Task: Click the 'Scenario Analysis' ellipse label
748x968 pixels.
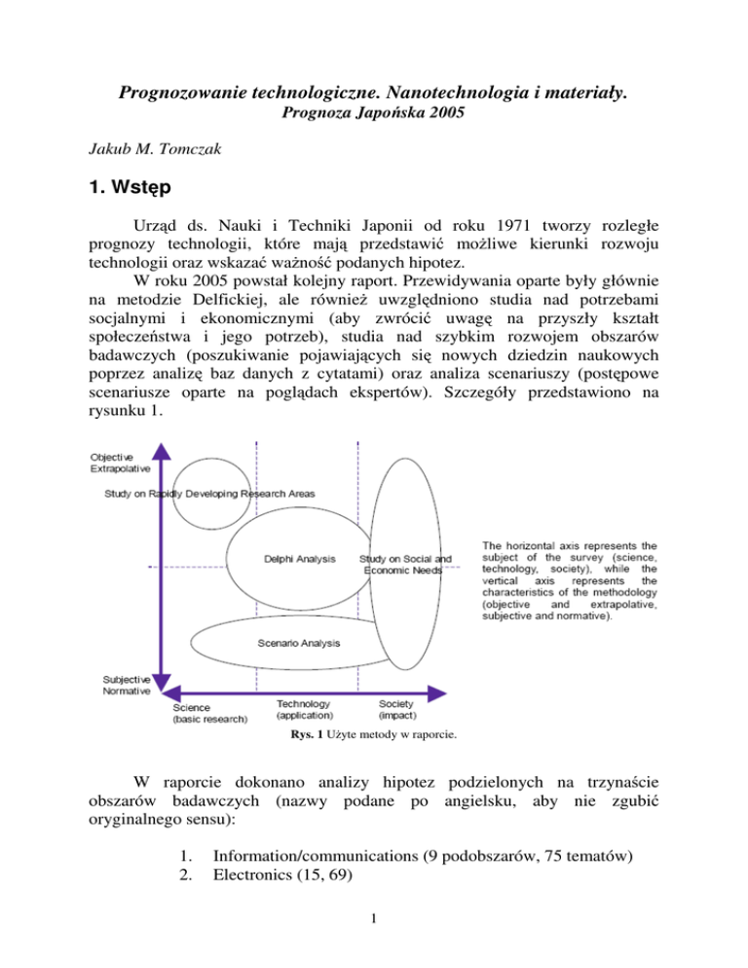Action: tap(299, 643)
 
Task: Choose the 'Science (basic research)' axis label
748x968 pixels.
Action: tap(209, 713)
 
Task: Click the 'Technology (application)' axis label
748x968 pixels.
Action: tap(304, 708)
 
